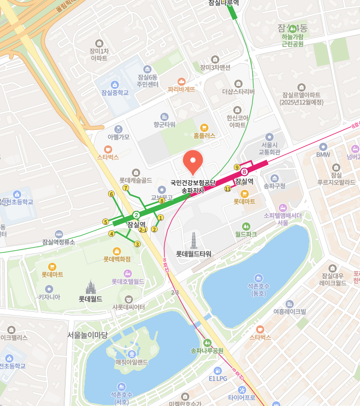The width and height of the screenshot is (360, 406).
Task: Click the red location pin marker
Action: pyautogui.click(x=193, y=161)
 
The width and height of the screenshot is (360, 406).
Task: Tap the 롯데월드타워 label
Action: pyautogui.click(x=193, y=254)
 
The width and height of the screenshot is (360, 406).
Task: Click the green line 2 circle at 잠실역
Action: pyautogui.click(x=137, y=215)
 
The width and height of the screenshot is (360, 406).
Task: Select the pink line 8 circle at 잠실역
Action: pyautogui.click(x=244, y=172)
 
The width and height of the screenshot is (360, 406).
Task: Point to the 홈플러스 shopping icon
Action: pyautogui.click(x=204, y=127)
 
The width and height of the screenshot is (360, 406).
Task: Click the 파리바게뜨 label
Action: pyautogui.click(x=182, y=89)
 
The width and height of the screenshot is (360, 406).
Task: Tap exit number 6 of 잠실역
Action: pyautogui.click(x=111, y=194)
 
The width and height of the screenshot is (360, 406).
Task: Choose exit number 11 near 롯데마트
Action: pyautogui.click(x=228, y=189)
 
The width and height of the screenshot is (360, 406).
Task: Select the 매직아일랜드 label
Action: pyautogui.click(x=132, y=362)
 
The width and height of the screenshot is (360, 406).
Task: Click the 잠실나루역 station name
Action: pyautogui.click(x=224, y=3)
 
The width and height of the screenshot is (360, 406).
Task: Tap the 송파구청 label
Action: pyautogui.click(x=274, y=186)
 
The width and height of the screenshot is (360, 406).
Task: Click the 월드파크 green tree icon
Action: pyautogui.click(x=246, y=226)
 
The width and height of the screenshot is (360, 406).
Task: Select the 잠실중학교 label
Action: pyautogui.click(x=115, y=93)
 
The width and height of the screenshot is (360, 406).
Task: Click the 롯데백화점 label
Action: pyautogui.click(x=117, y=259)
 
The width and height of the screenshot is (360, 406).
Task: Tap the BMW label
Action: pyautogui.click(x=323, y=155)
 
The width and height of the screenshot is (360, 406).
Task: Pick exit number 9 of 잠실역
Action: pyautogui.click(x=237, y=167)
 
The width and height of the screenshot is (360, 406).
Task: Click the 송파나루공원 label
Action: pyautogui.click(x=207, y=351)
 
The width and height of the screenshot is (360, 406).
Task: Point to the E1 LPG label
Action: pyautogui.click(x=218, y=379)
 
